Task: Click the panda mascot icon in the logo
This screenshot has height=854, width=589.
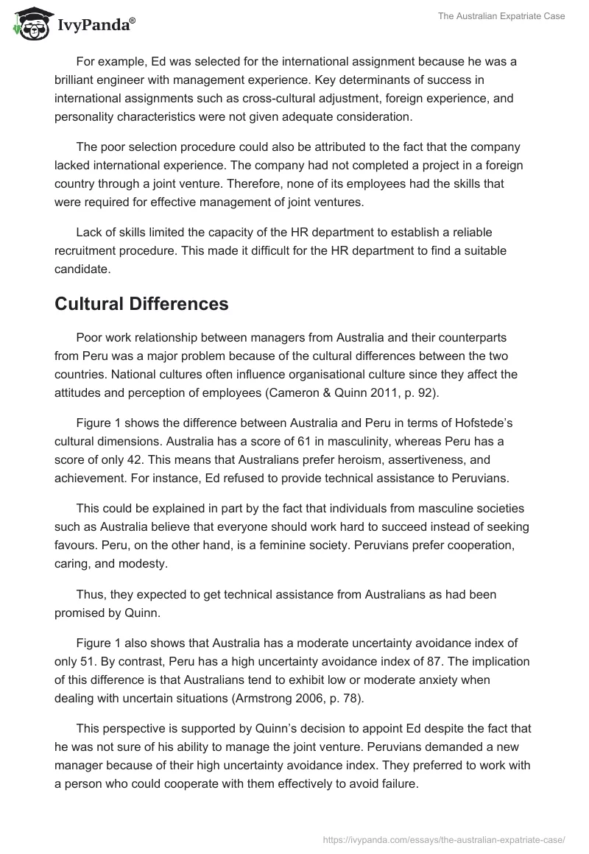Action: pyautogui.click(x=29, y=23)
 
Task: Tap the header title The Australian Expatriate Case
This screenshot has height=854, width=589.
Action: pyautogui.click(x=504, y=16)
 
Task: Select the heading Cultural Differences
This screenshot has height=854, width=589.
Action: pyautogui.click(x=141, y=303)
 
